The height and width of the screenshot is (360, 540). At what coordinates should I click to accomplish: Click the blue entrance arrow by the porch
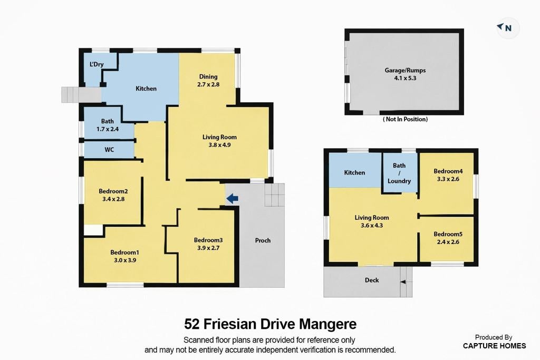click(x=233, y=198)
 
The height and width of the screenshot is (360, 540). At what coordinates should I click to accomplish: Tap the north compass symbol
click(x=505, y=27)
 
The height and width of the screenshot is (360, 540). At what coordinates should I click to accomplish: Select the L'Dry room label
click(x=97, y=64)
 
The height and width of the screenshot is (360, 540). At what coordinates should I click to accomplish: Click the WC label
click(x=109, y=150)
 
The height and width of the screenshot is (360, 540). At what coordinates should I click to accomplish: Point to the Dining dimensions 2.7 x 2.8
click(x=208, y=84)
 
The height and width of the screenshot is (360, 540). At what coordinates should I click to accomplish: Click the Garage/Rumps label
click(x=405, y=70)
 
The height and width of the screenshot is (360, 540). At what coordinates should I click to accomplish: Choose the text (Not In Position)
click(x=406, y=119)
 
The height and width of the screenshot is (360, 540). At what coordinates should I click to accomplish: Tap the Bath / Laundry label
click(x=399, y=173)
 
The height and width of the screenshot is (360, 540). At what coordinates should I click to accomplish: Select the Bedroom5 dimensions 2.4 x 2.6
click(x=448, y=242)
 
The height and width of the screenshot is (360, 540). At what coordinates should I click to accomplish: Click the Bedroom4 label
click(x=448, y=171)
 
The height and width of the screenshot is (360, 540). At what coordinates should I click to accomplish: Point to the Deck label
click(x=372, y=280)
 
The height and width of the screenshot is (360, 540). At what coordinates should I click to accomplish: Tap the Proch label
click(x=263, y=240)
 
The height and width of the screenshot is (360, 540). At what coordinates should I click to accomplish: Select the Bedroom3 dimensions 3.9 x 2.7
click(x=208, y=248)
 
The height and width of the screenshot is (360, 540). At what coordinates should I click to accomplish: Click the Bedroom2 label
click(x=113, y=191)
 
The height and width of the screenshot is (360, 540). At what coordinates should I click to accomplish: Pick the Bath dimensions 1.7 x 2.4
click(x=108, y=129)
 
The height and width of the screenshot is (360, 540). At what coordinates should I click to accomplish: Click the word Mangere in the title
click(x=327, y=324)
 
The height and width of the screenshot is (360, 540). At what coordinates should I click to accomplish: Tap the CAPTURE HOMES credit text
click(x=494, y=346)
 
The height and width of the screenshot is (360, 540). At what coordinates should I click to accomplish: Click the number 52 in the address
click(x=192, y=324)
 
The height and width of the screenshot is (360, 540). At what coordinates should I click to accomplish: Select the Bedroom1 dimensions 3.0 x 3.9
click(x=125, y=260)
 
